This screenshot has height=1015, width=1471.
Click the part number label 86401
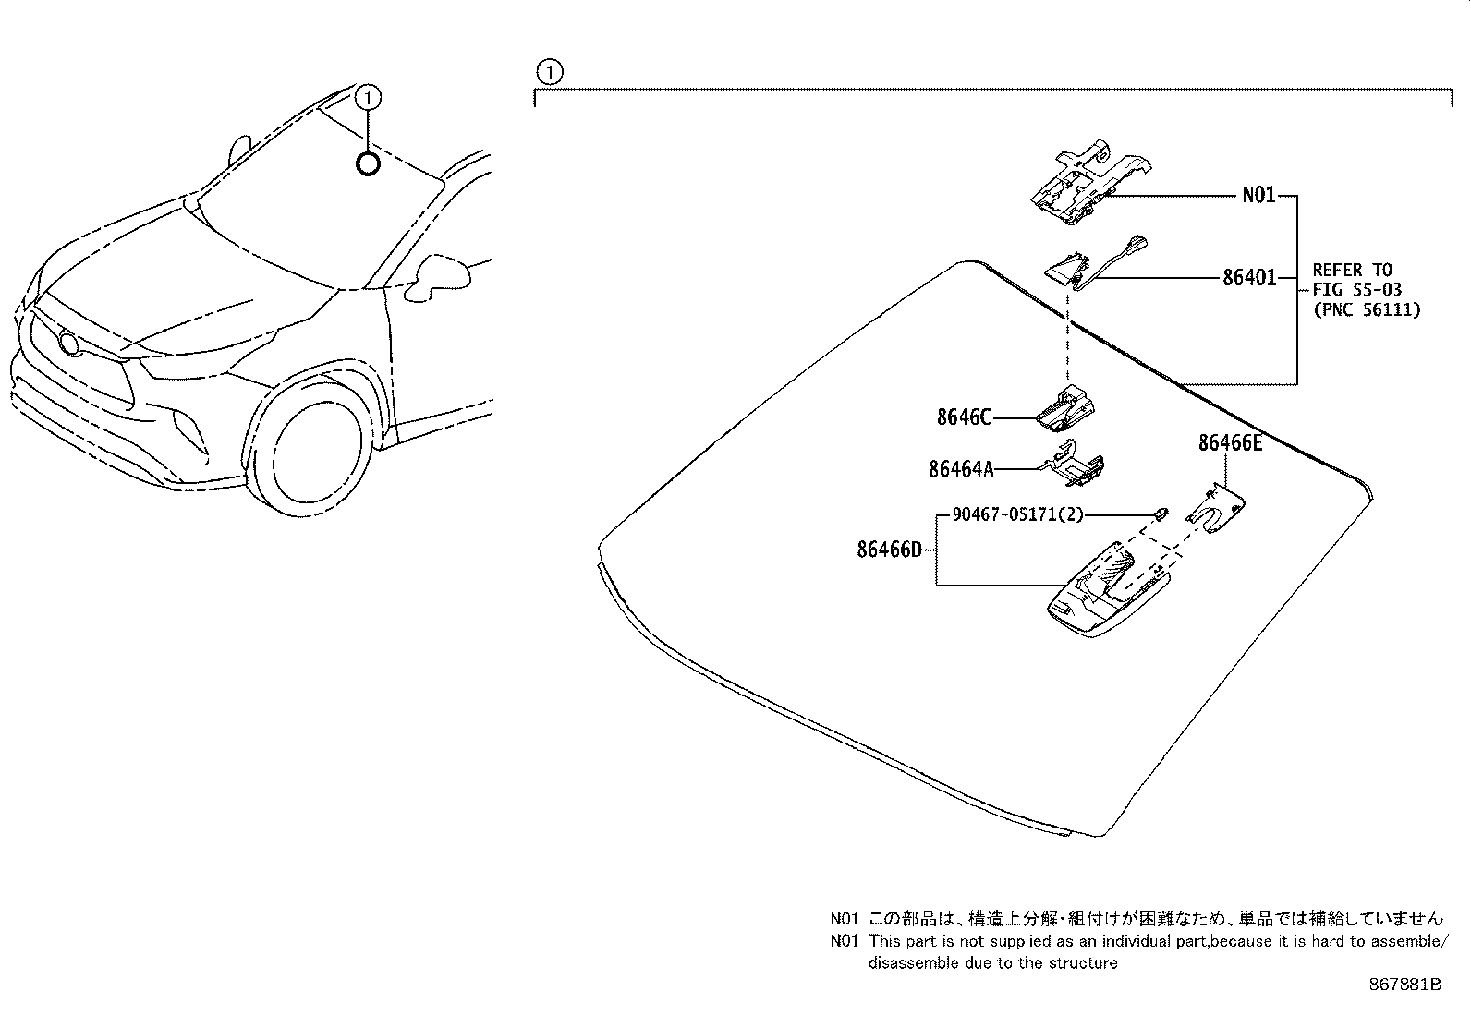pyautogui.click(x=1249, y=277)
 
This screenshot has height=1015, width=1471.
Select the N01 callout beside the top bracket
pyautogui.click(x=1258, y=196)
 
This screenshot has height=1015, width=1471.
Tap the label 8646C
pyautogui.click(x=964, y=417)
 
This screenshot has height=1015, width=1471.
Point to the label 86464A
pyautogui.click(x=961, y=469)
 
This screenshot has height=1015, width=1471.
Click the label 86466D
pyautogui.click(x=889, y=550)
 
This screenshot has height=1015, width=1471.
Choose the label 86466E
pyautogui.click(x=1230, y=443)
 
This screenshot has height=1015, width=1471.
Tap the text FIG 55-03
pyautogui.click(x=1356, y=290)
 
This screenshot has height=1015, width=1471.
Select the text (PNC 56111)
pyautogui.click(x=1367, y=310)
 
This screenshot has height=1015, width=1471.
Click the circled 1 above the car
pyautogui.click(x=368, y=96)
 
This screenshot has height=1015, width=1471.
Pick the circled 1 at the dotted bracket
pyautogui.click(x=549, y=70)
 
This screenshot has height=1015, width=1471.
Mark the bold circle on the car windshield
pyautogui.click(x=368, y=164)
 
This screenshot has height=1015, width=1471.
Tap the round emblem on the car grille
pyautogui.click(x=67, y=343)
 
